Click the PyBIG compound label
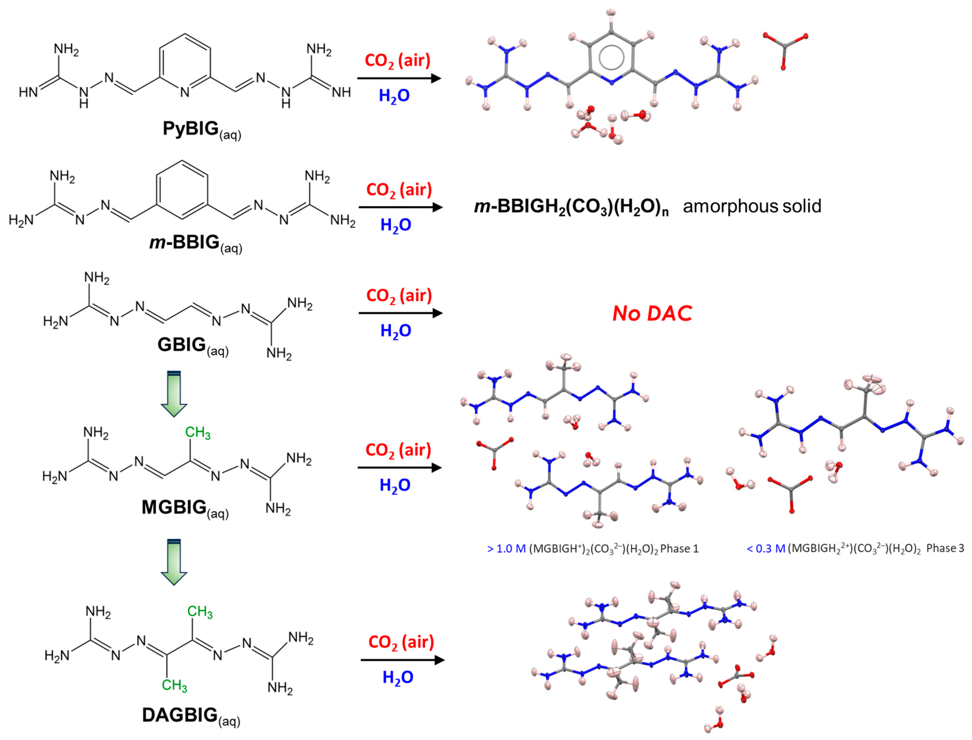(x=201, y=129)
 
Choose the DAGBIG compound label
(x=191, y=715)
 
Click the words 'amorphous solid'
(x=752, y=206)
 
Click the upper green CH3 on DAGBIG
(x=200, y=611)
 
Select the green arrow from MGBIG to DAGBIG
(x=174, y=562)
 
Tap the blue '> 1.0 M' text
(x=506, y=549)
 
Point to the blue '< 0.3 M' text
(x=766, y=549)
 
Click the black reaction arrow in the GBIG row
(x=400, y=313)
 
